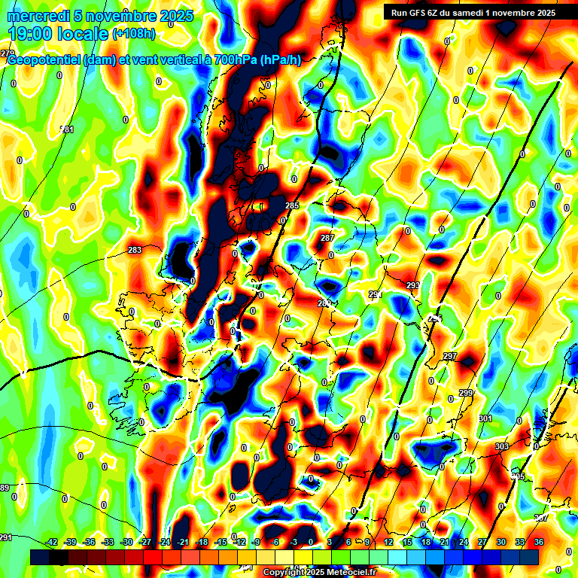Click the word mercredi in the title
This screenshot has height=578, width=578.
tap(38, 16)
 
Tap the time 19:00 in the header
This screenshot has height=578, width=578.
tap(32, 34)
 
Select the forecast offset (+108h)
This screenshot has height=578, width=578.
tap(134, 34)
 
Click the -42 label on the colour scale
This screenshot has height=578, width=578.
tap(51, 542)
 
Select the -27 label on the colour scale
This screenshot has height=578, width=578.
tap(145, 542)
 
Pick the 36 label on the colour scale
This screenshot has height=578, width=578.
tap(539, 542)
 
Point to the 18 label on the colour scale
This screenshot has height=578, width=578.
tap(426, 542)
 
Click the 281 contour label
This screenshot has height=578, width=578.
tap(68, 130)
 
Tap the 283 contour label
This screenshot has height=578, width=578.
tap(135, 250)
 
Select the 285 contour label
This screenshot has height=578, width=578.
tap(293, 205)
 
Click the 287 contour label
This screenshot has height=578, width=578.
tap(327, 238)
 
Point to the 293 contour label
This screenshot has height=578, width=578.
tap(412, 285)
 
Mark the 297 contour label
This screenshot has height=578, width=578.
tap(450, 356)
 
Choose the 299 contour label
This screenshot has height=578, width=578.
tap(466, 393)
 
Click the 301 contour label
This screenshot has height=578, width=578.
tap(485, 418)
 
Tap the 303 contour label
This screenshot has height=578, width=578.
tap(501, 447)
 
